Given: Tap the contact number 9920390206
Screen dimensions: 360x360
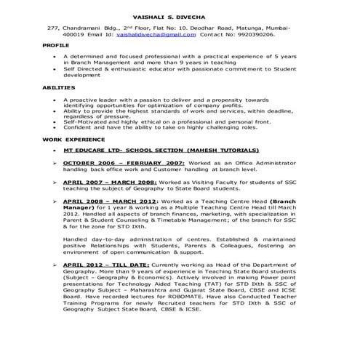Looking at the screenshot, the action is [x=256, y=34].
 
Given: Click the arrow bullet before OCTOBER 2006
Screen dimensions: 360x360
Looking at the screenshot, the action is [x=57, y=163].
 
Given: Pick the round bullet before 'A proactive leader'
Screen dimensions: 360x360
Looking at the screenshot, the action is [x=57, y=98].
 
